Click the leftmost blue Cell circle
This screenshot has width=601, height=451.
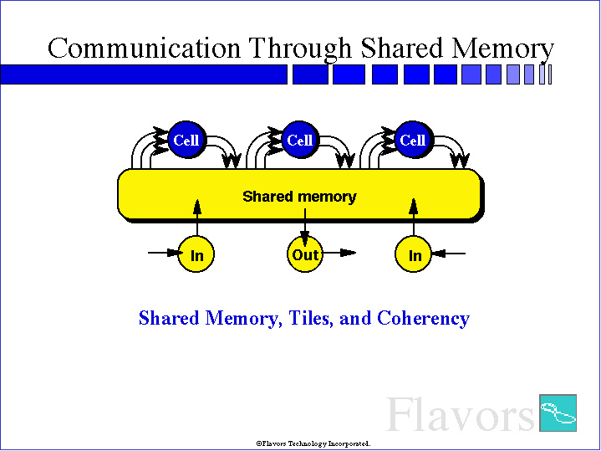[x=186, y=140]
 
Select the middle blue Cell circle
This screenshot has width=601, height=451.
[x=300, y=140]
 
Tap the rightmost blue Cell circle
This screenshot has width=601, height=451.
[x=414, y=140]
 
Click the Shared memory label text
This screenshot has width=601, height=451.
[x=299, y=197]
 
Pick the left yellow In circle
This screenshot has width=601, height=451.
[x=196, y=254]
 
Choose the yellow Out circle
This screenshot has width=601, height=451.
[x=305, y=254]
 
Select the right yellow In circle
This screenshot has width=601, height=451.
[x=413, y=254]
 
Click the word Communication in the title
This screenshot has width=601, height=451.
[x=144, y=49]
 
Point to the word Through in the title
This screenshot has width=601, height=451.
[x=300, y=49]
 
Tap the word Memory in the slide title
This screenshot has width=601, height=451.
[x=502, y=49]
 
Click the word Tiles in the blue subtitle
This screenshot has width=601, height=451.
[x=311, y=318]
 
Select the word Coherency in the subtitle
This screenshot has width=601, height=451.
[x=424, y=319]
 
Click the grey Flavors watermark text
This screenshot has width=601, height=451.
[x=461, y=414]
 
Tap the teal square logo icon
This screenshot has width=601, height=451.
[x=558, y=413]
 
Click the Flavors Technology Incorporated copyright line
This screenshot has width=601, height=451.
[x=313, y=443]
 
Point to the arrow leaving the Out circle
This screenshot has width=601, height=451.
[x=339, y=253]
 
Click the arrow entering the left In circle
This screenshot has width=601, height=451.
[x=166, y=253]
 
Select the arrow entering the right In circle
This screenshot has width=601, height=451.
[x=448, y=254]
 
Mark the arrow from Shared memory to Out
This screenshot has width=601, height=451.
[x=305, y=228]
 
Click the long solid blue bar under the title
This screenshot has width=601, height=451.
[x=144, y=74]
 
